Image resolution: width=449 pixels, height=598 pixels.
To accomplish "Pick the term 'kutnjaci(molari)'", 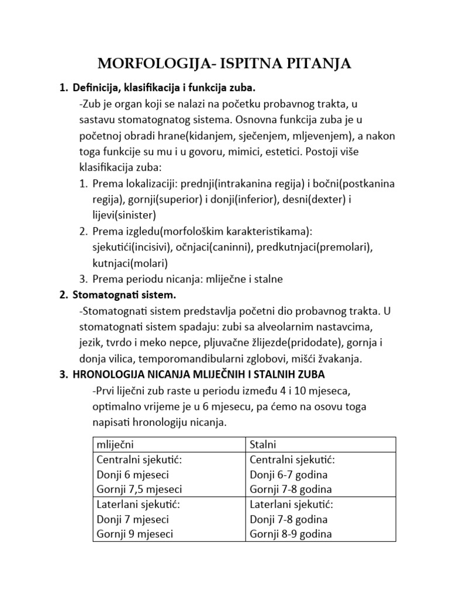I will click(130, 263).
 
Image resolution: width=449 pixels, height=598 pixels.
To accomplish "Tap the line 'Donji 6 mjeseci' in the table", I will click(130, 474).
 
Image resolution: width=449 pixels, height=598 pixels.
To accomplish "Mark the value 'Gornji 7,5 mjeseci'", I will click(139, 489).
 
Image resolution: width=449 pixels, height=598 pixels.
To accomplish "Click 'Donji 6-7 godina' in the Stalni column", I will click(288, 474).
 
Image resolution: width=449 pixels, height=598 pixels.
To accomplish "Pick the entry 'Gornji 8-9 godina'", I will click(291, 534).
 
